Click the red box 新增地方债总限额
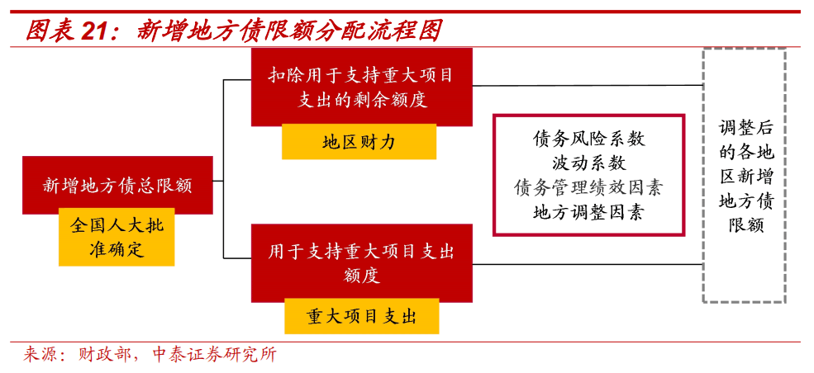[117, 185]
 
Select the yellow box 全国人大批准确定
[117, 237]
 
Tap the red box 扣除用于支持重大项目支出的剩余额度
[361, 87]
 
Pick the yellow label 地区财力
[359, 142]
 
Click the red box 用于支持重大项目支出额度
[361, 262]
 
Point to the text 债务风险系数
[588, 139]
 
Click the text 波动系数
[588, 163]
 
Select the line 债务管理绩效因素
[588, 187]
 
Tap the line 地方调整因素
[588, 212]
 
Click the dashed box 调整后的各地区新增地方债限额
[744, 176]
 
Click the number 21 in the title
[98, 31]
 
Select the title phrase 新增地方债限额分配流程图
[289, 31]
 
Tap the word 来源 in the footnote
[39, 356]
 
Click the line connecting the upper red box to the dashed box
[587, 85]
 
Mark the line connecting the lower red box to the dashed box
[587, 264]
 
